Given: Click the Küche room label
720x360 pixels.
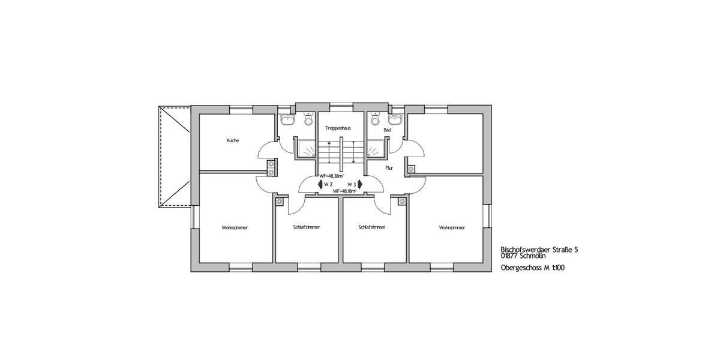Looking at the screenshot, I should (x=233, y=140).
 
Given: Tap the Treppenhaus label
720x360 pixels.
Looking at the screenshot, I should (x=338, y=128).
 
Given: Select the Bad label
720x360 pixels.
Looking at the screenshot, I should (x=387, y=129).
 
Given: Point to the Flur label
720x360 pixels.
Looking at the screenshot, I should (x=389, y=169).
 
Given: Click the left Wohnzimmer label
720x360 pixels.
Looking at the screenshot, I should (x=235, y=227).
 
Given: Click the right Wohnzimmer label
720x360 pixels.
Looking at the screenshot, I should (x=452, y=227).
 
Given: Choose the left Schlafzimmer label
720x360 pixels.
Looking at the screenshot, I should (x=307, y=227).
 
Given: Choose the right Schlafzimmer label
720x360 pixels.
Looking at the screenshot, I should (x=371, y=227).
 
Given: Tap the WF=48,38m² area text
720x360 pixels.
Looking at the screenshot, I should (x=331, y=176).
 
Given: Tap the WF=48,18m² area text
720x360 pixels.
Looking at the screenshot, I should (x=344, y=191).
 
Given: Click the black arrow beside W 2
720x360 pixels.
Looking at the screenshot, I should (x=319, y=184).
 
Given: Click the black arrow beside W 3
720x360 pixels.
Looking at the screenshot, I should (x=360, y=184).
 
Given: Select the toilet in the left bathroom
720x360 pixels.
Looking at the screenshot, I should (x=308, y=121).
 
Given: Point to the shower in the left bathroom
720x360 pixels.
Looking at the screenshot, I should (x=307, y=148).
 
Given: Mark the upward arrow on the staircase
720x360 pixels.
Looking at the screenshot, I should (x=329, y=150).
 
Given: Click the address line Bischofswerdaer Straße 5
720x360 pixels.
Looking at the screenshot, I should (x=539, y=249).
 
